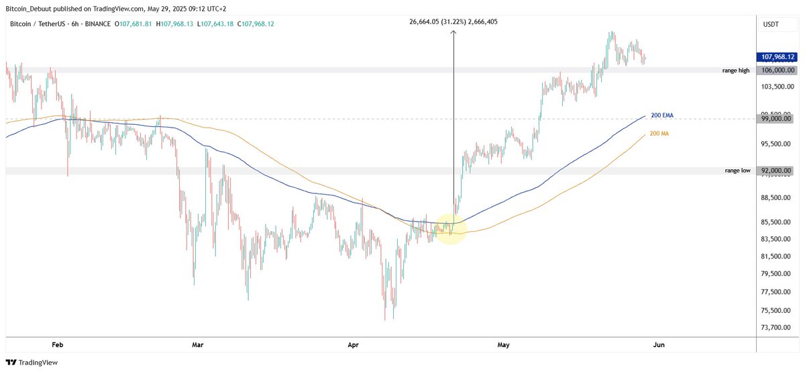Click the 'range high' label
coord(736,71)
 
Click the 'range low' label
coord(737,171)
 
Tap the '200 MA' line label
coord(660,134)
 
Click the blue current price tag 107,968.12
coord(778,58)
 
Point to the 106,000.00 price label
coord(778,70)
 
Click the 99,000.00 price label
coord(778,119)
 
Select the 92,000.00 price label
coord(778,171)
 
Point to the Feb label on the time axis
coord(57,345)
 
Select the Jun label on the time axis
coord(659,345)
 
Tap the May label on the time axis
coord(504,345)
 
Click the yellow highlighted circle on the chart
coord(451,228)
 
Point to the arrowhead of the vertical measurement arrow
coord(453,31)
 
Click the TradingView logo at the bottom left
coord(32,362)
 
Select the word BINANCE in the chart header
coord(97,24)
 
